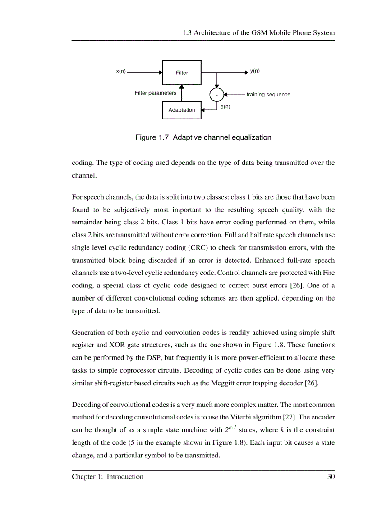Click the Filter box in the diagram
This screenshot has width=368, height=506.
click(182, 73)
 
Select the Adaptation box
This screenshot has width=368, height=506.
click(182, 110)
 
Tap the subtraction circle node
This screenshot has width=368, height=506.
click(217, 95)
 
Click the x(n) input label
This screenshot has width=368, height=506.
click(121, 71)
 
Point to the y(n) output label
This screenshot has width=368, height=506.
click(255, 71)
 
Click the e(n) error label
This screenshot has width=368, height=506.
click(225, 107)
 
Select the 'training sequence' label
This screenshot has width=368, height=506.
click(268, 95)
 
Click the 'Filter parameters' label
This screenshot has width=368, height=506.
click(156, 93)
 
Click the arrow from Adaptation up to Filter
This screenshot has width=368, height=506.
click(182, 93)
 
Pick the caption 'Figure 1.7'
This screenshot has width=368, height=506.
click(152, 137)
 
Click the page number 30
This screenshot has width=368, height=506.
click(331, 477)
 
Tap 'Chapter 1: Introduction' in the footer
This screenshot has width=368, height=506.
click(108, 477)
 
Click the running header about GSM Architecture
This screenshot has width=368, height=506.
click(258, 33)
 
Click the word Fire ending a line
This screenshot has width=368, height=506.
click(328, 273)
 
